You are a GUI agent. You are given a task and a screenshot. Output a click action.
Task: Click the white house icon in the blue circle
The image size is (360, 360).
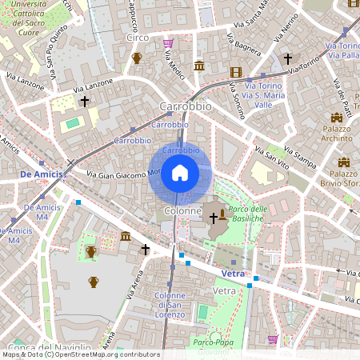180,173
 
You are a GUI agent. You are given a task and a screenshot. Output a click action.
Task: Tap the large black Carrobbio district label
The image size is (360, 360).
185,106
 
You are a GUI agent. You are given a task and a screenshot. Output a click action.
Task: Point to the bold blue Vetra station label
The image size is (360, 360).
230,274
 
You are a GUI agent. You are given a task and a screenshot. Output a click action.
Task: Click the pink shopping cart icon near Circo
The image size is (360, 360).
168,43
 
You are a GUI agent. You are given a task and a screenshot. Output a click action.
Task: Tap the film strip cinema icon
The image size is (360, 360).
235,72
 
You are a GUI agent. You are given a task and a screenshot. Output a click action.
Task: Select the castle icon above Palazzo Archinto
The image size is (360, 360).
337,118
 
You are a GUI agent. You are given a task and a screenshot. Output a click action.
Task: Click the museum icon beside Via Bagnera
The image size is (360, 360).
199,65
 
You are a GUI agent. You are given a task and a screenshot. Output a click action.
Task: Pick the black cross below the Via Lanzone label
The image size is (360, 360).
85,102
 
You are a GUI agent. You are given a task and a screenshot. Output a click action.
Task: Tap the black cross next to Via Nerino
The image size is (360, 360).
288,58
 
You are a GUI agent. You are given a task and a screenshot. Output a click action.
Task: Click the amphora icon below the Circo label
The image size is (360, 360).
137,58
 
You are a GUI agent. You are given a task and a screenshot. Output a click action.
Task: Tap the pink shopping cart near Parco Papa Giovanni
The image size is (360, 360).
274,339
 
